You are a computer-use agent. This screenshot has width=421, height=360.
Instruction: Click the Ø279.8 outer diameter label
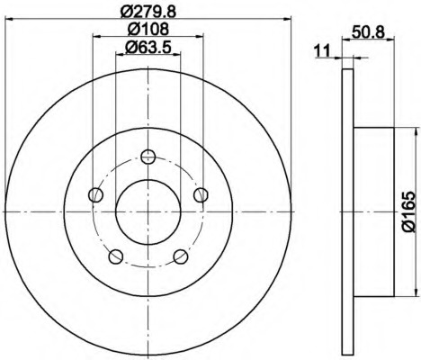point(148,11)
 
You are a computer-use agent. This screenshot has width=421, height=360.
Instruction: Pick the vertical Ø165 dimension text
point(405,213)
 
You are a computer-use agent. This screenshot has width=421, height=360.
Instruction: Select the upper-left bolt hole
point(94,194)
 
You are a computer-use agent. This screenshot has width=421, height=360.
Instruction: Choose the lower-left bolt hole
point(115,256)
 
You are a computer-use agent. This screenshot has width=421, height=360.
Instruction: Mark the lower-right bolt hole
point(181,256)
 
